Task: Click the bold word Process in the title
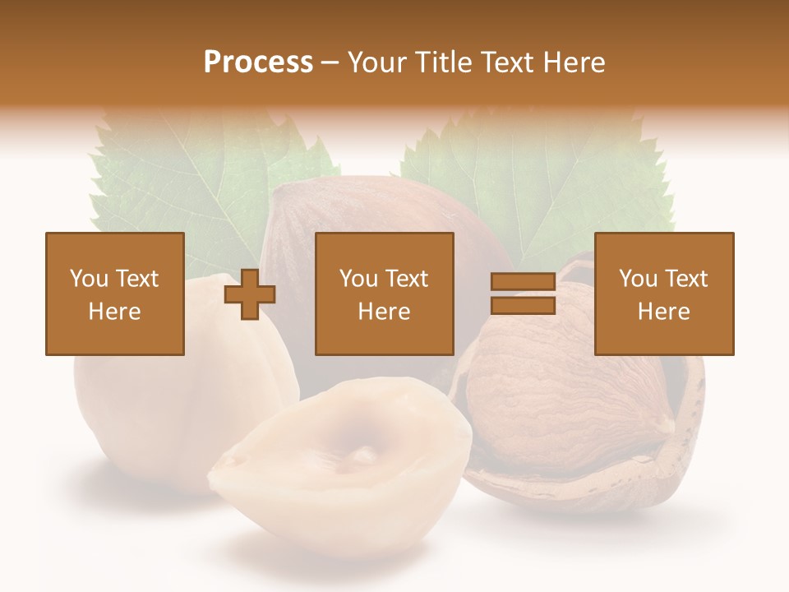coord(258,62)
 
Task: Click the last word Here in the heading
coord(574,62)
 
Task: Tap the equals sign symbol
coord(523,294)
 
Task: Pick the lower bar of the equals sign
coord(523,306)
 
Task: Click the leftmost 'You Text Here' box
coord(115,294)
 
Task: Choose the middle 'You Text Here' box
coord(385,294)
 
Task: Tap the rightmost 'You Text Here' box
coord(664,294)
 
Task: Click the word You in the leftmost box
coord(86,279)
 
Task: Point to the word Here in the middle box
coord(385,312)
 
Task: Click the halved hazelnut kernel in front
coord(341,460)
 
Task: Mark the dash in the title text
coord(330,62)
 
